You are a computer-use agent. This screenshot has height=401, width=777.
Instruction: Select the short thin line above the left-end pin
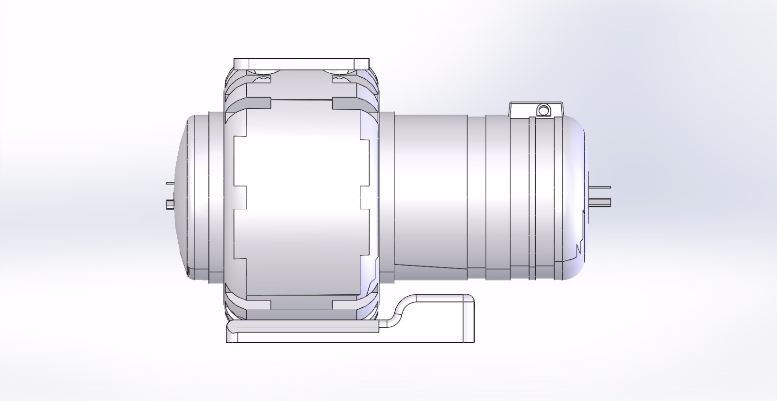click(x=169, y=184)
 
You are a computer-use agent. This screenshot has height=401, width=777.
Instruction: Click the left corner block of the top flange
click(x=240, y=64)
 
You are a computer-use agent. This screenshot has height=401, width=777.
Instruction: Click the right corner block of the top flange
click(x=362, y=64)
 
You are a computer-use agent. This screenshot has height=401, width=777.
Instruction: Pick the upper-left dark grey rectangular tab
click(x=258, y=103)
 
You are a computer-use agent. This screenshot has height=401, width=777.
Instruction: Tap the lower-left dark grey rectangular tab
click(x=258, y=305)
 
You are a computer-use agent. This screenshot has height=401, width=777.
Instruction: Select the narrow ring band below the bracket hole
click(x=532, y=194)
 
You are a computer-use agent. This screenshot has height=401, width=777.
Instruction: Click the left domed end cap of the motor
click(x=182, y=194)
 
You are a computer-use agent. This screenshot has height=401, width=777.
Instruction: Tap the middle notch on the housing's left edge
click(x=240, y=198)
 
